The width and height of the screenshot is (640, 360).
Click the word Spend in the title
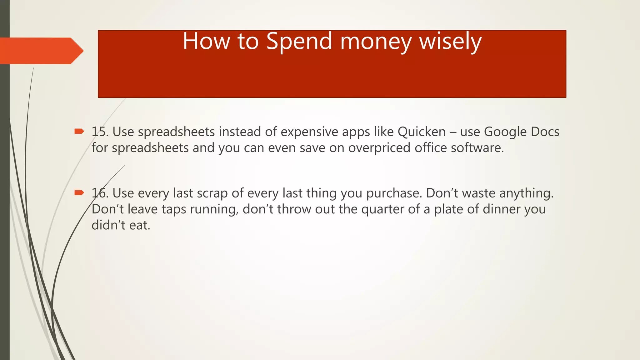coord(299,41)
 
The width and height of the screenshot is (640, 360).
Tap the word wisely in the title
coord(450,41)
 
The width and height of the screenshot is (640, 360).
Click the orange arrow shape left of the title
coord(41,51)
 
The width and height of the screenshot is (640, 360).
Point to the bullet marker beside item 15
coord(79,131)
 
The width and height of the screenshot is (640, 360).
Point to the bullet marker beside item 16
coord(79,192)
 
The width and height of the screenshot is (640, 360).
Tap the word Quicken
coord(422,132)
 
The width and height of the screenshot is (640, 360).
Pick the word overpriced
coord(379,148)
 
